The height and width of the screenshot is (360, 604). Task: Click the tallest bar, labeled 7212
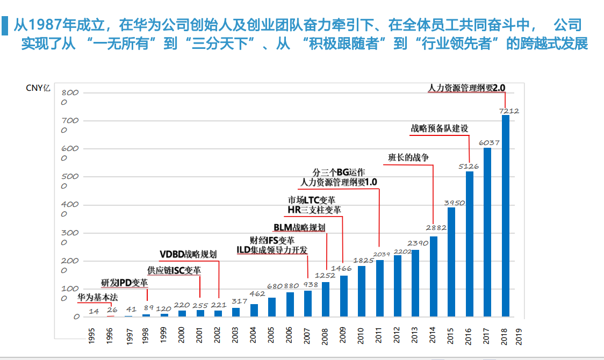506,215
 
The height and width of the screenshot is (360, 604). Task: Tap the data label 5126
469,167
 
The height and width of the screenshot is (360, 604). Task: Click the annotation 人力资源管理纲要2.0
467,87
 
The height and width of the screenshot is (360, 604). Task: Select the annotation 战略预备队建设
440,128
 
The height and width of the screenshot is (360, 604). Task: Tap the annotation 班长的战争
409,157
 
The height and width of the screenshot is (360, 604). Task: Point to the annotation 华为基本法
97,297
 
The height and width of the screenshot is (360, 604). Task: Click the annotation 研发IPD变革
124,283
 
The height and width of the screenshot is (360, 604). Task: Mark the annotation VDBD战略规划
188,254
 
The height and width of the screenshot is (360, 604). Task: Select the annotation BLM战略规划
299,227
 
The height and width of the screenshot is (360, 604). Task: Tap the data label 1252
325,276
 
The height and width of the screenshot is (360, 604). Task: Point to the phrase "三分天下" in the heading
226,44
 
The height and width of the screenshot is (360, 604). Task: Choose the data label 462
257,294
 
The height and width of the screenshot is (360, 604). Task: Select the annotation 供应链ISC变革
174,270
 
